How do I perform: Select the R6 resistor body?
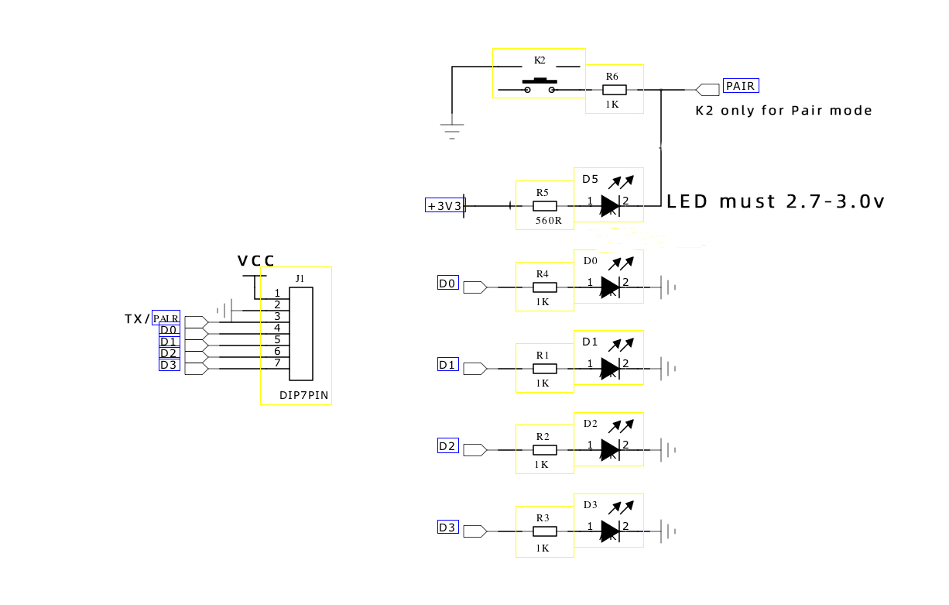615,89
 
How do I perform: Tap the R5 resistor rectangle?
544,206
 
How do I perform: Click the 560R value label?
548,221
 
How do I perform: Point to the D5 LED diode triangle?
610,206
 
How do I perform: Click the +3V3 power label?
445,205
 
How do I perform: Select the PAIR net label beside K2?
740,86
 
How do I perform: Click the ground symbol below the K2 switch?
452,132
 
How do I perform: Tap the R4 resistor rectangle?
544,287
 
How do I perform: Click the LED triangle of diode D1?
610,369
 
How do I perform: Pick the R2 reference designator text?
543,437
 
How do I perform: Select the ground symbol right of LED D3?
668,531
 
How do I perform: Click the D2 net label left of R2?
447,446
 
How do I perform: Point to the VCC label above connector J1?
256,260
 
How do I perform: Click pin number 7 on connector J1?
277,363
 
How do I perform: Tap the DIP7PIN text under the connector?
303,395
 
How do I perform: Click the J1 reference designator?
300,279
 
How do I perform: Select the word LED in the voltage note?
687,201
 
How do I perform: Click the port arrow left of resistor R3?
475,531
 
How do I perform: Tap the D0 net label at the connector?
169,330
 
